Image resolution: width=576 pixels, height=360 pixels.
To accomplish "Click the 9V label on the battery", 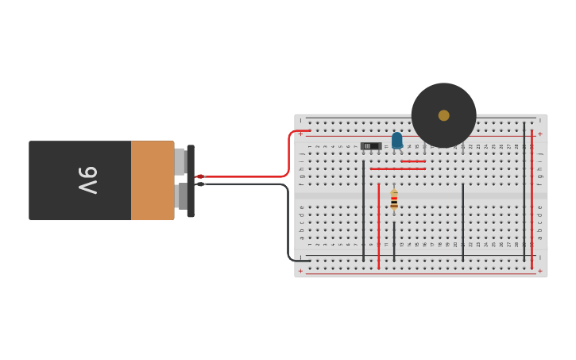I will pos(87,180).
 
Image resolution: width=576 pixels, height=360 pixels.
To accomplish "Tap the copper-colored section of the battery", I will pos(152,180).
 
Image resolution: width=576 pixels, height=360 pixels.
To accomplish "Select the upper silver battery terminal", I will pos(180,161).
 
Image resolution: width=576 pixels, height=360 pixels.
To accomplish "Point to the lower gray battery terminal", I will pos(182,196).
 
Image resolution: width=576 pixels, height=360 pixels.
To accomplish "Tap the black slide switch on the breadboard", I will pos(370,146).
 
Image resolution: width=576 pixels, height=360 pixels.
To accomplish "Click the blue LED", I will pos(396,141).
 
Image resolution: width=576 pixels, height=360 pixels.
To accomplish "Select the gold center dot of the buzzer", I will pos(443,115).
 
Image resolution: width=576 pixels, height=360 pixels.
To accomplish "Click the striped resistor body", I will pos(394,200).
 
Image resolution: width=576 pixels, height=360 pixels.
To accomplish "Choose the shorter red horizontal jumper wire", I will pos(413,161).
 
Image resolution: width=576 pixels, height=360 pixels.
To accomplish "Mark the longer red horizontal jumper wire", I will pos(397,168).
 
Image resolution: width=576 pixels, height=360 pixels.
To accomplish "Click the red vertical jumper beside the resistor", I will pos(379,226).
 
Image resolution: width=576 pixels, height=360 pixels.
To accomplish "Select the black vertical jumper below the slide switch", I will pos(363,211).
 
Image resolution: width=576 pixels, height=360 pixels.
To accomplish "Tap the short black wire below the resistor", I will pos(394,241).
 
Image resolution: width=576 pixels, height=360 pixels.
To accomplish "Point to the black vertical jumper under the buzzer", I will pos(462,223).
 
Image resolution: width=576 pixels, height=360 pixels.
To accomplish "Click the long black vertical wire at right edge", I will pos(524,195).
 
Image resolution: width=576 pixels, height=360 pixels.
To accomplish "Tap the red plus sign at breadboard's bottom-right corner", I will pos(540,271).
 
